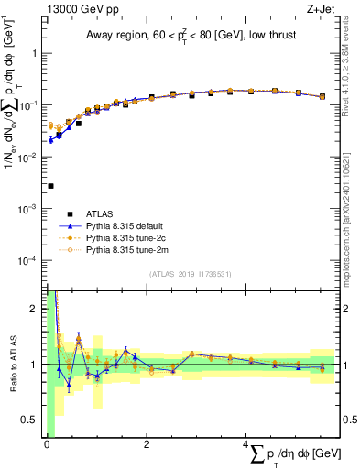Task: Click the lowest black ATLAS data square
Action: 50,186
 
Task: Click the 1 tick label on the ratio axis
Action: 38,365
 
